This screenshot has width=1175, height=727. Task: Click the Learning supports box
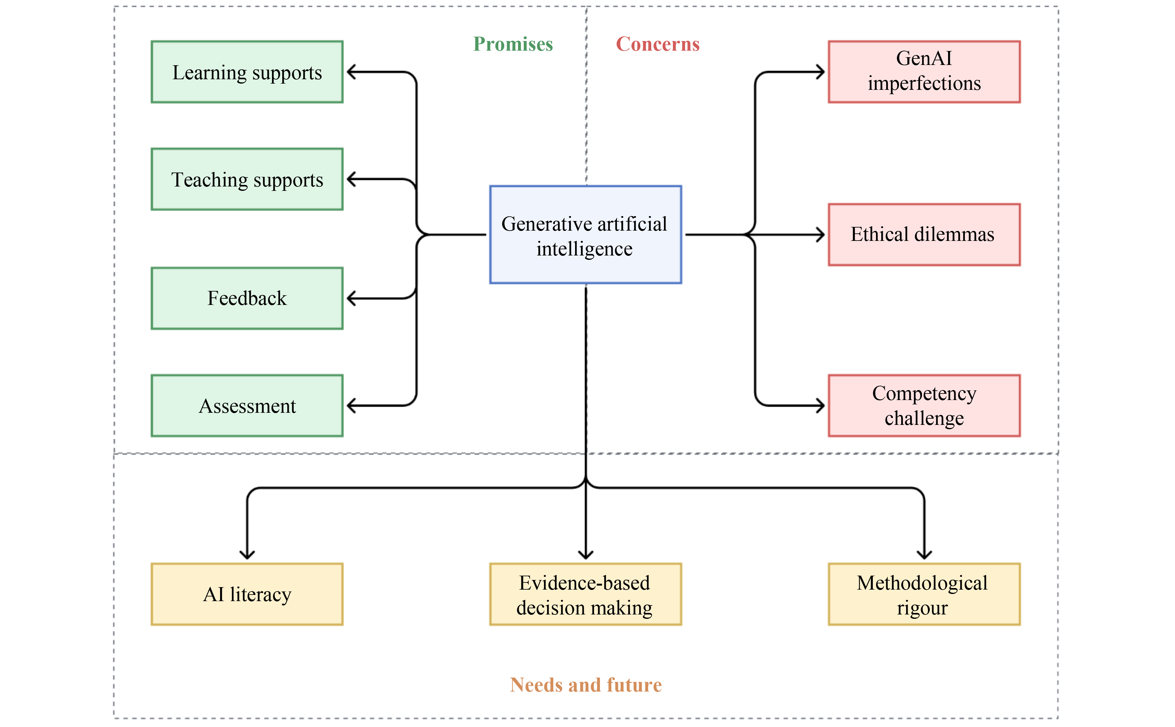point(247,72)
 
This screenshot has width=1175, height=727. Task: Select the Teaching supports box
point(247,179)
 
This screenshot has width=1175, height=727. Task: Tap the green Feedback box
point(247,298)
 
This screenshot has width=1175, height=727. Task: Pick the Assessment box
point(247,406)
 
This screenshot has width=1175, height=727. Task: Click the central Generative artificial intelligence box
point(585,235)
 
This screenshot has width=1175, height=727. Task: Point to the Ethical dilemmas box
point(924,235)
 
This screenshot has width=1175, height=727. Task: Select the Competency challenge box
point(924,406)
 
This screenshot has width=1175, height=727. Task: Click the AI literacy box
point(247,594)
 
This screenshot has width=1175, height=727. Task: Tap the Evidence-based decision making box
point(585,594)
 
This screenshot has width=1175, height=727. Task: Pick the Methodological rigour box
point(924,594)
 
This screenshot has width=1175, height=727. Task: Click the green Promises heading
point(513,44)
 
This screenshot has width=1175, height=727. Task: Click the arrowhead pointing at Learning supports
point(351,72)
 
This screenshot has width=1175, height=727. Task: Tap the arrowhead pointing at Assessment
point(351,406)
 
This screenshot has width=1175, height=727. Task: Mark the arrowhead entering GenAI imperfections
point(820,72)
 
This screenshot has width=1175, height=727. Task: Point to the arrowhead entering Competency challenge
point(820,406)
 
